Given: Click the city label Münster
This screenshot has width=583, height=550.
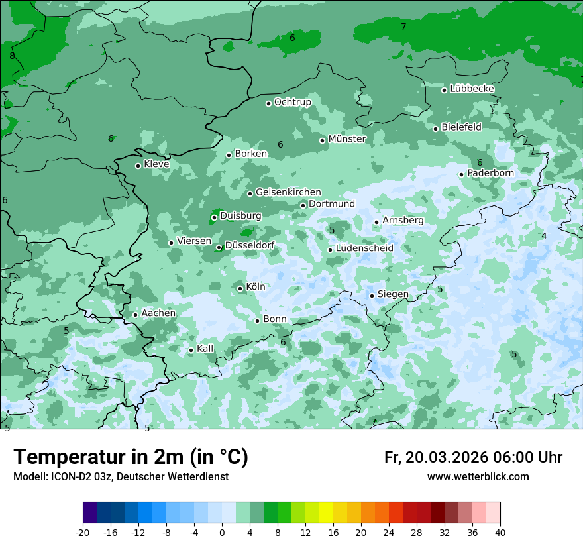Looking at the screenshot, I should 347,139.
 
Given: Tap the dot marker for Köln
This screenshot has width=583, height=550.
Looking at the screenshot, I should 240,288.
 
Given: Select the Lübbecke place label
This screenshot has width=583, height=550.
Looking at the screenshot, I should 472,89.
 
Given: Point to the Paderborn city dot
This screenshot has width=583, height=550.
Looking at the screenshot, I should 462,174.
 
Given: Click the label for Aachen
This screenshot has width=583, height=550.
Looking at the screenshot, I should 158,313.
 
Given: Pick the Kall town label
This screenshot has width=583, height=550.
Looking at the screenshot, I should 205,349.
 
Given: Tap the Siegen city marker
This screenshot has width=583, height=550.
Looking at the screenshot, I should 372,296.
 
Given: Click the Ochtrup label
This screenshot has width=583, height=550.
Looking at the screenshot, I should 292,102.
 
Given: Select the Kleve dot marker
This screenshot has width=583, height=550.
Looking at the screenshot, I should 138,166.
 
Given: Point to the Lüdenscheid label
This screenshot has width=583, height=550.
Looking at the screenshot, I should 364,248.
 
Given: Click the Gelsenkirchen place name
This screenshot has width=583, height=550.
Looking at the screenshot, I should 288,192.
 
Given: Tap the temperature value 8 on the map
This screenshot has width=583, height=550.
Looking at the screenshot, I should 12,56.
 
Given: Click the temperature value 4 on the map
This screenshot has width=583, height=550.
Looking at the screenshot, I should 544,236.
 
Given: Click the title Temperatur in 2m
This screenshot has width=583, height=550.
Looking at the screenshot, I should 131,457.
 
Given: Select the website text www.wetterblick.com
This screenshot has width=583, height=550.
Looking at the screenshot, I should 478,477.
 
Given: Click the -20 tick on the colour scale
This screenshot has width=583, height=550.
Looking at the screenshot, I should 83,532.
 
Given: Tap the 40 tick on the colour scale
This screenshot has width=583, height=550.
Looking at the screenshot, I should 500,532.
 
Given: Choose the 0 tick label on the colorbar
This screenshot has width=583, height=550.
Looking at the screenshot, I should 222,532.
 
